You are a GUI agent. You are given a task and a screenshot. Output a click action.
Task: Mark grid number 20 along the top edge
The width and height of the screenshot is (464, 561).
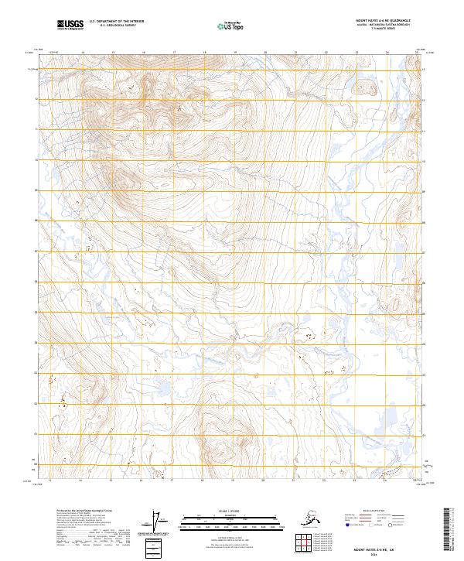pos(264,53)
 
